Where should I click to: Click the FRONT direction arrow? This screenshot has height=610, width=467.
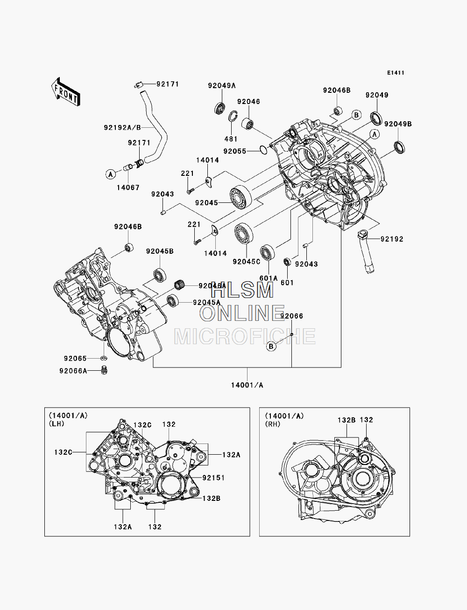pos(66,92)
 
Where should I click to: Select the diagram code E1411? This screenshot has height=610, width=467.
pos(396,73)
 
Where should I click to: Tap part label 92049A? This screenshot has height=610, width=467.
pos(222,86)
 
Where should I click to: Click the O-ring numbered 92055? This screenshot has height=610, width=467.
pos(263,150)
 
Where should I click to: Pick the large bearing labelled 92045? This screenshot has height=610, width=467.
pos(241,196)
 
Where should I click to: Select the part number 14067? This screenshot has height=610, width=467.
pos(128,187)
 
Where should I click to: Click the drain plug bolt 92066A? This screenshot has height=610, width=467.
pos(105,370)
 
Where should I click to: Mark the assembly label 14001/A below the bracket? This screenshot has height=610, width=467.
pos(247,385)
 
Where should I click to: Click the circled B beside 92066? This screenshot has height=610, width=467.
pos(271,347)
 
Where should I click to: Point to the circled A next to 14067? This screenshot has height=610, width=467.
pos(111,174)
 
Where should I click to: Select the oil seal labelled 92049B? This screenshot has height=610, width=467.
pos(399,147)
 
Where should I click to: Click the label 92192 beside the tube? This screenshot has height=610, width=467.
pos(392,239)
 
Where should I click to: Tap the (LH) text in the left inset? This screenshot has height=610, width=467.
pos(57,424)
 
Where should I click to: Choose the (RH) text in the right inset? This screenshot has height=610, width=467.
pos(273,424)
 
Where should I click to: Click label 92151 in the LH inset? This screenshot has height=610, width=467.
pos(213,478)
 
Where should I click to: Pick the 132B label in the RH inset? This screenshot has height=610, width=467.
pos(347,420)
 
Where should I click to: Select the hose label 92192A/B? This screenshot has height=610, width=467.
pos(122,128)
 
